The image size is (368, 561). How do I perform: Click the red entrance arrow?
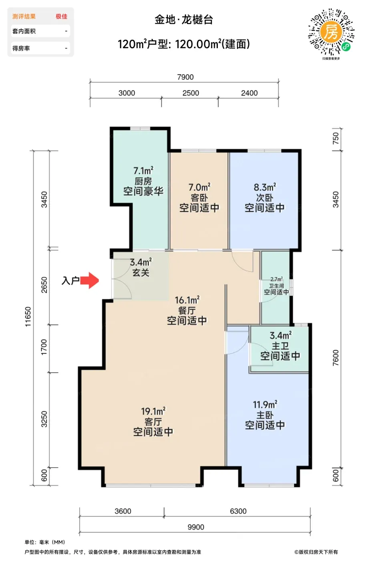(x=90, y=280)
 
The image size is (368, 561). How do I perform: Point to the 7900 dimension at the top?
(x=185, y=77)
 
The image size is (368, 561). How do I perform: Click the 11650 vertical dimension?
(x=28, y=317)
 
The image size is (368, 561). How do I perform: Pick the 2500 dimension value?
(x=191, y=93)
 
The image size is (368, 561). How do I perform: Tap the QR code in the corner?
(x=331, y=32)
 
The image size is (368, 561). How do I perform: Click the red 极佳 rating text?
(x=61, y=16)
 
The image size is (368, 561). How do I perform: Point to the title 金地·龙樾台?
(x=184, y=20)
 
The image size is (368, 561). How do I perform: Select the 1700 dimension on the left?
(x=44, y=347)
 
